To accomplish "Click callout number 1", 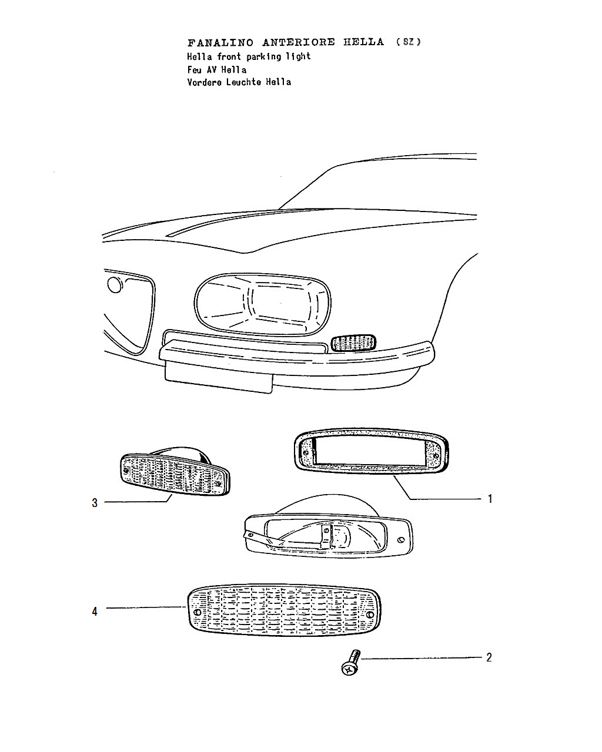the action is click(490, 499).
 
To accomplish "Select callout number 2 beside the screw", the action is click(489, 657).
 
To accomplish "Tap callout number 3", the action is click(95, 503).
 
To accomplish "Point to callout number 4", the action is click(95, 612).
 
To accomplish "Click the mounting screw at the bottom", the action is click(350, 662).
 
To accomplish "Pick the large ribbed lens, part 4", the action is click(284, 610).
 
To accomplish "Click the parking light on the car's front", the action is click(353, 343).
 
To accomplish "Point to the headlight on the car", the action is click(262, 304).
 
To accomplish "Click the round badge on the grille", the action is click(115, 285).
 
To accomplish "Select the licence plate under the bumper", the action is click(219, 377).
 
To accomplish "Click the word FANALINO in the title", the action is click(220, 43).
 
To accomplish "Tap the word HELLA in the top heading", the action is click(363, 42).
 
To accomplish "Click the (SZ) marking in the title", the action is click(409, 42).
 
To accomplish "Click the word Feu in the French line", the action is click(195, 69).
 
